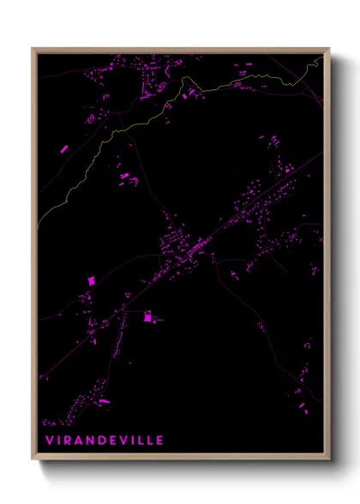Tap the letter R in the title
tap(66, 440)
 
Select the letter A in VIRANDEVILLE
tap(77, 440)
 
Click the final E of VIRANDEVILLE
tap(159, 440)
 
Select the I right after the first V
tap(56, 440)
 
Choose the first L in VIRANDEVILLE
tap(141, 440)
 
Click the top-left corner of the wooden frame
tap(33, 49)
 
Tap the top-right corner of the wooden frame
tap(329, 49)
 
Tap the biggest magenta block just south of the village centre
tap(147, 317)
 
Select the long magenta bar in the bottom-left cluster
tap(104, 400)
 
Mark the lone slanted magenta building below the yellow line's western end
tap(63, 148)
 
